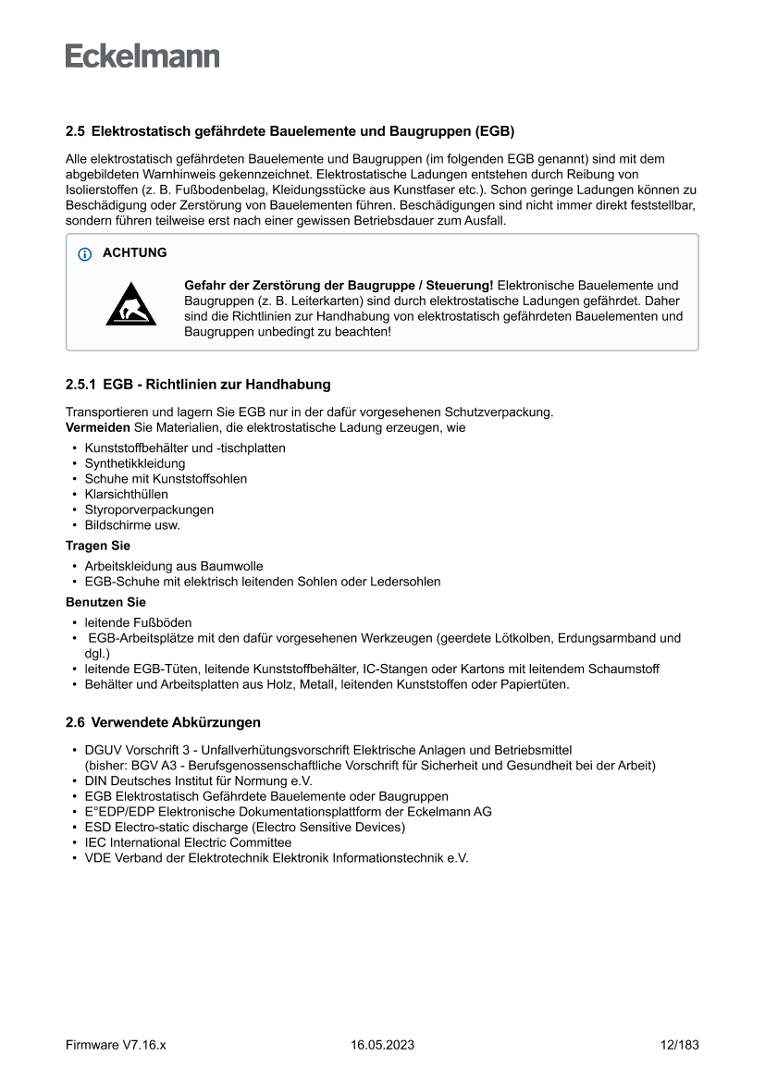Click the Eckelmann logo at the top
pos(142,55)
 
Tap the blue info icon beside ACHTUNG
pos(85,253)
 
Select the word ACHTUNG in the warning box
pos(135,252)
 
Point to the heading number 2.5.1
pos(80,384)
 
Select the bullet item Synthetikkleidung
pos(135,463)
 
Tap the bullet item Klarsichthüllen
pos(126,494)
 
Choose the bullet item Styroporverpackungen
pos(149,510)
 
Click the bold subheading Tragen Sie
pos(97,546)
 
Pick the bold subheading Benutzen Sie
pos(105,602)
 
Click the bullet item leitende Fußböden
pos(139,622)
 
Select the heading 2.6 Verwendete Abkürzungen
pos(163,722)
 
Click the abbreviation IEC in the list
pos(95,842)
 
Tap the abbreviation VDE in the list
pos(98,858)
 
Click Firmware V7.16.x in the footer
pos(116,1045)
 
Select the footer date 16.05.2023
pos(382,1045)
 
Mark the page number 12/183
pos(679,1045)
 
